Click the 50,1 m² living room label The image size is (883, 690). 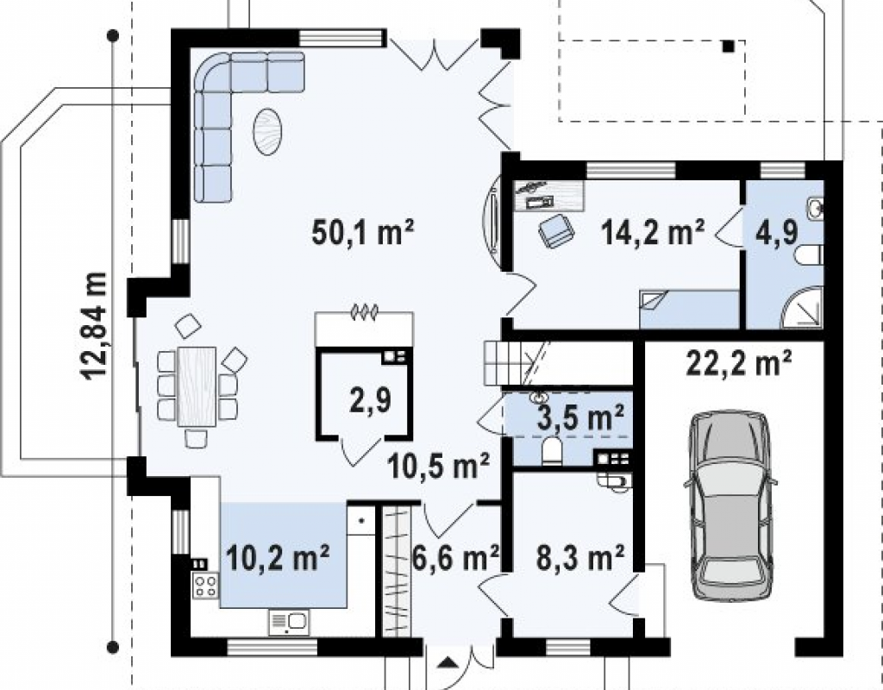point(363,232)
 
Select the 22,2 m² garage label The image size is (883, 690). point(739,363)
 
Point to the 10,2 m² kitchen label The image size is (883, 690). point(277,558)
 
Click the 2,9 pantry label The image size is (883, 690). point(370,401)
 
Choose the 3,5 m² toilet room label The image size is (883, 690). point(580,418)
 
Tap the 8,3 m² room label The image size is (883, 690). point(579,558)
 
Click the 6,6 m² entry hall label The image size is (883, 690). point(455,558)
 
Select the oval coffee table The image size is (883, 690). point(267,132)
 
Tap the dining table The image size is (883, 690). point(197,386)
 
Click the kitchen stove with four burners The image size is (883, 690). point(205,586)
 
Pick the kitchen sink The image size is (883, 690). point(289,623)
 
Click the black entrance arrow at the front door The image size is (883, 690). point(448,662)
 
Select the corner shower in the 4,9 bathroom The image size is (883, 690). point(803,308)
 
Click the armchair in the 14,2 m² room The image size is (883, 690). point(556,231)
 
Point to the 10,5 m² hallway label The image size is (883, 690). point(438,467)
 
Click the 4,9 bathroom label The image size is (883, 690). point(777,231)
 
